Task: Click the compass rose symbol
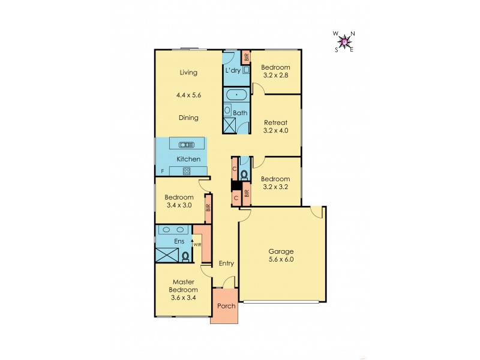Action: [x=344, y=41]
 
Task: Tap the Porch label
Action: [x=226, y=307]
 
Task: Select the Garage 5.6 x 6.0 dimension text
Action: [x=281, y=260]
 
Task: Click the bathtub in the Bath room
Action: [x=236, y=95]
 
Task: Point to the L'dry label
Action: [x=233, y=71]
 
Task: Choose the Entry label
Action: [x=226, y=263]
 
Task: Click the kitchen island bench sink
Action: [x=187, y=144]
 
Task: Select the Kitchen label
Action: [x=188, y=159]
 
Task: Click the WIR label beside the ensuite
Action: [x=197, y=245]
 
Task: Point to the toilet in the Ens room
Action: [x=185, y=256]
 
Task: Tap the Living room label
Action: [x=189, y=73]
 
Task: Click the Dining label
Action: [x=189, y=118]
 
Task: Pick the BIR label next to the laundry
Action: [x=246, y=58]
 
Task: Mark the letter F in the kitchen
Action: [x=162, y=172]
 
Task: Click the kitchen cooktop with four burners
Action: [x=187, y=171]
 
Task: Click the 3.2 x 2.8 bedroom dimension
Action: [x=276, y=76]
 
